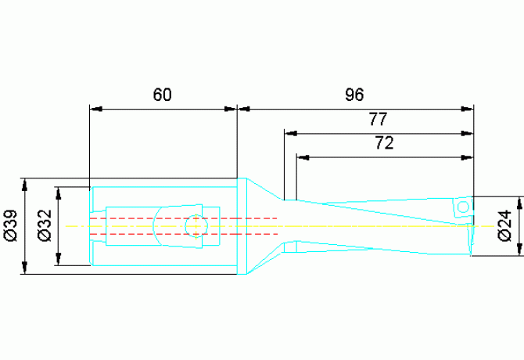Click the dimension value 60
pyautogui.click(x=163, y=95)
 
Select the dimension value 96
pyautogui.click(x=354, y=95)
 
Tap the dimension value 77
pyautogui.click(x=378, y=119)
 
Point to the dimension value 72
pyautogui.click(x=384, y=142)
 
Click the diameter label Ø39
pyautogui.click(x=11, y=225)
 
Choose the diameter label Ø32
pyautogui.click(x=45, y=225)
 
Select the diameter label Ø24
pyautogui.click(x=504, y=225)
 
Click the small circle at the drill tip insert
pyautogui.click(x=463, y=207)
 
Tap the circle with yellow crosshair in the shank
pyautogui.click(x=196, y=226)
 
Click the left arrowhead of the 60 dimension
pyautogui.click(x=96, y=109)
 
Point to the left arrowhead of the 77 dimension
pyautogui.click(x=291, y=133)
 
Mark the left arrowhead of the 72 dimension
pyautogui.click(x=303, y=157)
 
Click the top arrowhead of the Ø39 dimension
pyautogui.click(x=24, y=185)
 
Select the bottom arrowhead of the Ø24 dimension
pyautogui.click(x=519, y=250)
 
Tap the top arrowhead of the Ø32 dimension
pyautogui.click(x=59, y=193)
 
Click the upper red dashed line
pyautogui.click(x=184, y=218)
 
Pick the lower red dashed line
pyautogui.click(x=184, y=234)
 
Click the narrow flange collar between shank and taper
pyautogui.click(x=242, y=226)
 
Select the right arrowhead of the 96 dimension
pyautogui.click(x=468, y=109)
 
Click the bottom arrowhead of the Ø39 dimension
pyautogui.click(x=24, y=268)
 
